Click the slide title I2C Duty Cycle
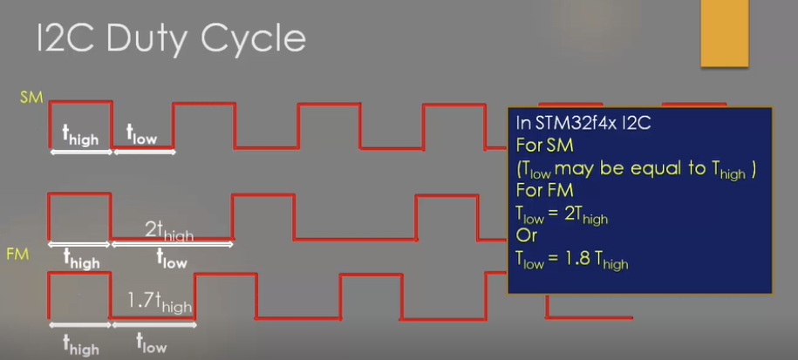point(170,38)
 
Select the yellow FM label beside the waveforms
point(18,255)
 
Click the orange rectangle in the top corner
point(724,33)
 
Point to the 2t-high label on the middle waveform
point(169,231)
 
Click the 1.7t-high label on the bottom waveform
point(159,303)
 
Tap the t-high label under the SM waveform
point(81,136)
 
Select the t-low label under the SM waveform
point(142,136)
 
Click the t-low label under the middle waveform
point(171,259)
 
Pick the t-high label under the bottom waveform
point(80,345)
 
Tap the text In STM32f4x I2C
point(583,124)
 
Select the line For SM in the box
point(544,146)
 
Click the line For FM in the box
point(544,189)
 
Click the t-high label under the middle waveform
point(80,260)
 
